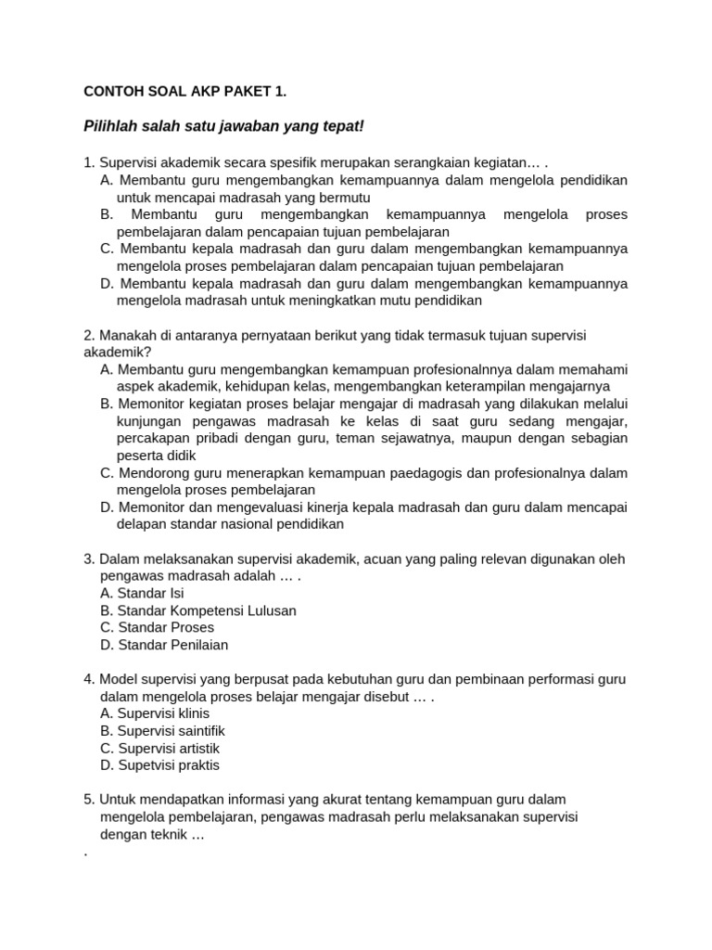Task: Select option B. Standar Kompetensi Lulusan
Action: (197, 610)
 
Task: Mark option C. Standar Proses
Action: (157, 627)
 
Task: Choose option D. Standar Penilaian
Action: (164, 645)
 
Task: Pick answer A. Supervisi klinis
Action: (155, 713)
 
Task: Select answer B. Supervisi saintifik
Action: (162, 731)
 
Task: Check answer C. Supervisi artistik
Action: (159, 748)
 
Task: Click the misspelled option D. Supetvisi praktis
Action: (159, 765)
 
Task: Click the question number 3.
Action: (89, 558)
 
